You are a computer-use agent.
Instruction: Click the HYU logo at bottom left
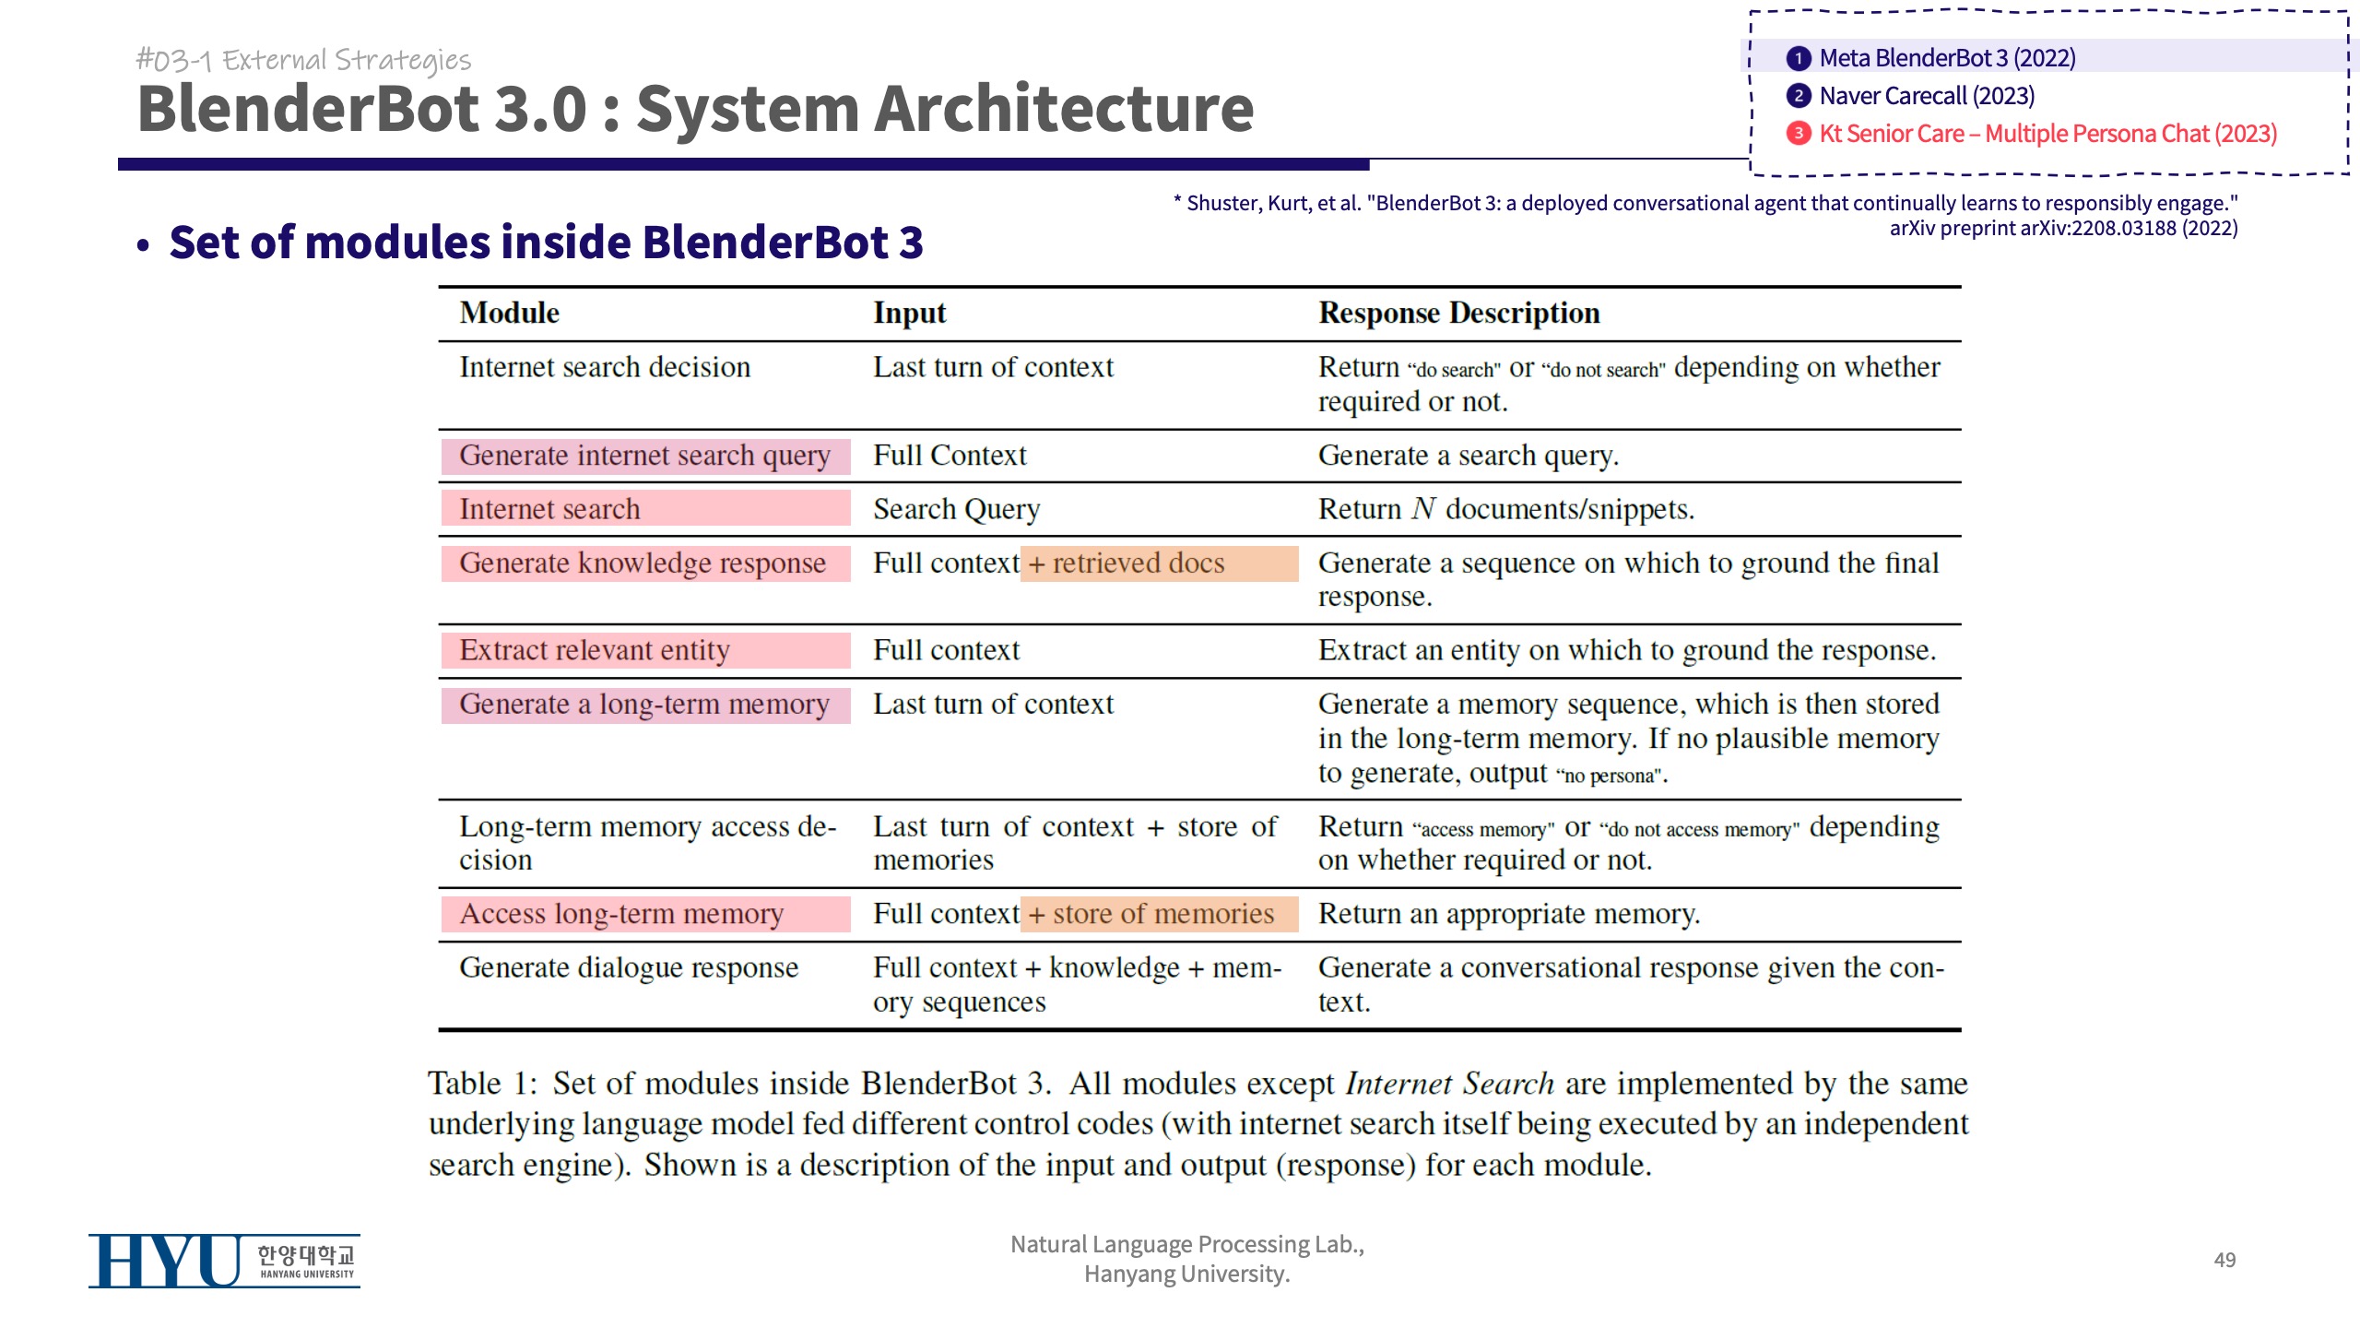(x=223, y=1261)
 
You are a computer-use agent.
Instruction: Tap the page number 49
(x=2224, y=1260)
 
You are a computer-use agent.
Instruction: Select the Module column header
(x=509, y=313)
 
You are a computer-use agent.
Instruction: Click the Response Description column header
(x=1458, y=313)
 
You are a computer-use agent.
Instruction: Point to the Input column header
(x=909, y=313)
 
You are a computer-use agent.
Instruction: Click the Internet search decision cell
(x=605, y=367)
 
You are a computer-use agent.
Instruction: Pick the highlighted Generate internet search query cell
(x=644, y=456)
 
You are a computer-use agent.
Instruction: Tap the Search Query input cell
(x=956, y=509)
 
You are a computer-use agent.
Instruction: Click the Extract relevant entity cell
(x=595, y=650)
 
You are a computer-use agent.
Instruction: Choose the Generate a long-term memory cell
(x=644, y=705)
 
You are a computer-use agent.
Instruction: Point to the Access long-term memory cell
(x=621, y=914)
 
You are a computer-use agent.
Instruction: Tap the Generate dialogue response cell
(x=629, y=967)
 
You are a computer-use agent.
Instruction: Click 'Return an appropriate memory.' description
(x=1508, y=914)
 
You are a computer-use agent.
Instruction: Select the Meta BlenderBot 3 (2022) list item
(x=1946, y=58)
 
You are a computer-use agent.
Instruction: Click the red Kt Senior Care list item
(x=2047, y=134)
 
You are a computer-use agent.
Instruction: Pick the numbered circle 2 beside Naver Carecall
(x=1798, y=96)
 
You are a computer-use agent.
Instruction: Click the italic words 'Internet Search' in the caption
(x=1449, y=1084)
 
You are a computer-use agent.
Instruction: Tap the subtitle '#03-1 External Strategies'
(x=303, y=60)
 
